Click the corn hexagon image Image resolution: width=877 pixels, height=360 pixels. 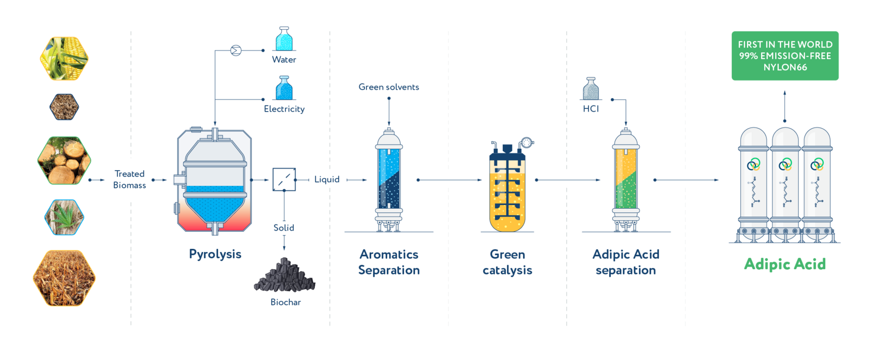(x=64, y=58)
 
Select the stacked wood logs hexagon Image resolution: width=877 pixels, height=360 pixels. (x=64, y=160)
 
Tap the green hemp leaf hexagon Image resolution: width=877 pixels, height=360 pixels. (x=64, y=217)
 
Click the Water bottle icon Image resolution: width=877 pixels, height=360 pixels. (x=284, y=40)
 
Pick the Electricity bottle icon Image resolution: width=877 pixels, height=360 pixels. (x=284, y=89)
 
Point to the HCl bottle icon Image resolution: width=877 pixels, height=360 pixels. (x=591, y=90)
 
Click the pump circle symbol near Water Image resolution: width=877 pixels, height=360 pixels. (x=236, y=51)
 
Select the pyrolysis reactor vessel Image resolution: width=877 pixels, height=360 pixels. (x=215, y=180)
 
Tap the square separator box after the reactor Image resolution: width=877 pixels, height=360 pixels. (x=284, y=180)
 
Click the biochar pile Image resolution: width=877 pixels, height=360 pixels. (x=285, y=275)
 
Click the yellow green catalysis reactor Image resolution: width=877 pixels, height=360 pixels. (x=507, y=190)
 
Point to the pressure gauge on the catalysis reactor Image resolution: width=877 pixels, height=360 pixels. (x=527, y=142)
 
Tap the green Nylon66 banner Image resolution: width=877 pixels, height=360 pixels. (x=785, y=56)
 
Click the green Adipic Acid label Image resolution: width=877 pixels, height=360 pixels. (x=785, y=264)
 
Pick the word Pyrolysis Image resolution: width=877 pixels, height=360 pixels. (x=215, y=254)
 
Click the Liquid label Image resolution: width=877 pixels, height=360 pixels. (x=327, y=179)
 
